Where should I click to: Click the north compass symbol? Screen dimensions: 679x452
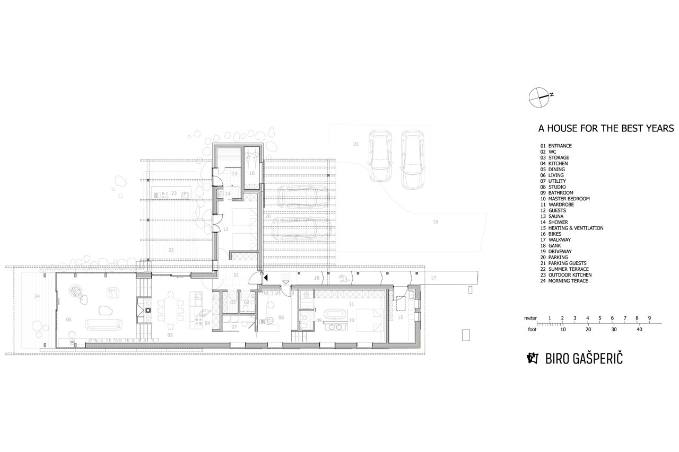(539, 98)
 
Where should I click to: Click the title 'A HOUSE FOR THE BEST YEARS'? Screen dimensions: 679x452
(606, 128)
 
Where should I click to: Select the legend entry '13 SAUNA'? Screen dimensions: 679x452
(552, 216)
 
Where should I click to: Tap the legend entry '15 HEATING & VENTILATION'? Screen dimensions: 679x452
(572, 228)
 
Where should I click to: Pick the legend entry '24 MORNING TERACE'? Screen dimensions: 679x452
(564, 281)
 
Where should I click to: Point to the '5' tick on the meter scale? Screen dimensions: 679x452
(599, 318)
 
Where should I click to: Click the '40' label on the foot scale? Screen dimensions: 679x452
(639, 330)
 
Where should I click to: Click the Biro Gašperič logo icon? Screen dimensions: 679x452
(533, 358)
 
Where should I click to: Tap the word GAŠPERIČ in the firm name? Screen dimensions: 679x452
(598, 358)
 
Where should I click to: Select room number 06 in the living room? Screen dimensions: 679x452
(69, 320)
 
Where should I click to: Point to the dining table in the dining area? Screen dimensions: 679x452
(169, 311)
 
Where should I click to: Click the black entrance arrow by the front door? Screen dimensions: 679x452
(266, 277)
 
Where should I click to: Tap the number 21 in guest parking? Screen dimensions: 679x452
(356, 144)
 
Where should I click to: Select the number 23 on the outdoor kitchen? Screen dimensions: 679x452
(173, 193)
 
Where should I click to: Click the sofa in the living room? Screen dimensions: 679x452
(103, 324)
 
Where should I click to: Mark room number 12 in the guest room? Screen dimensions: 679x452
(225, 229)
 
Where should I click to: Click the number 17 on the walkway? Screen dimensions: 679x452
(433, 278)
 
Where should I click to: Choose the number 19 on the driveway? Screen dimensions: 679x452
(436, 222)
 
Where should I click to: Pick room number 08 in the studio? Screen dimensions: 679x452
(281, 317)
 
